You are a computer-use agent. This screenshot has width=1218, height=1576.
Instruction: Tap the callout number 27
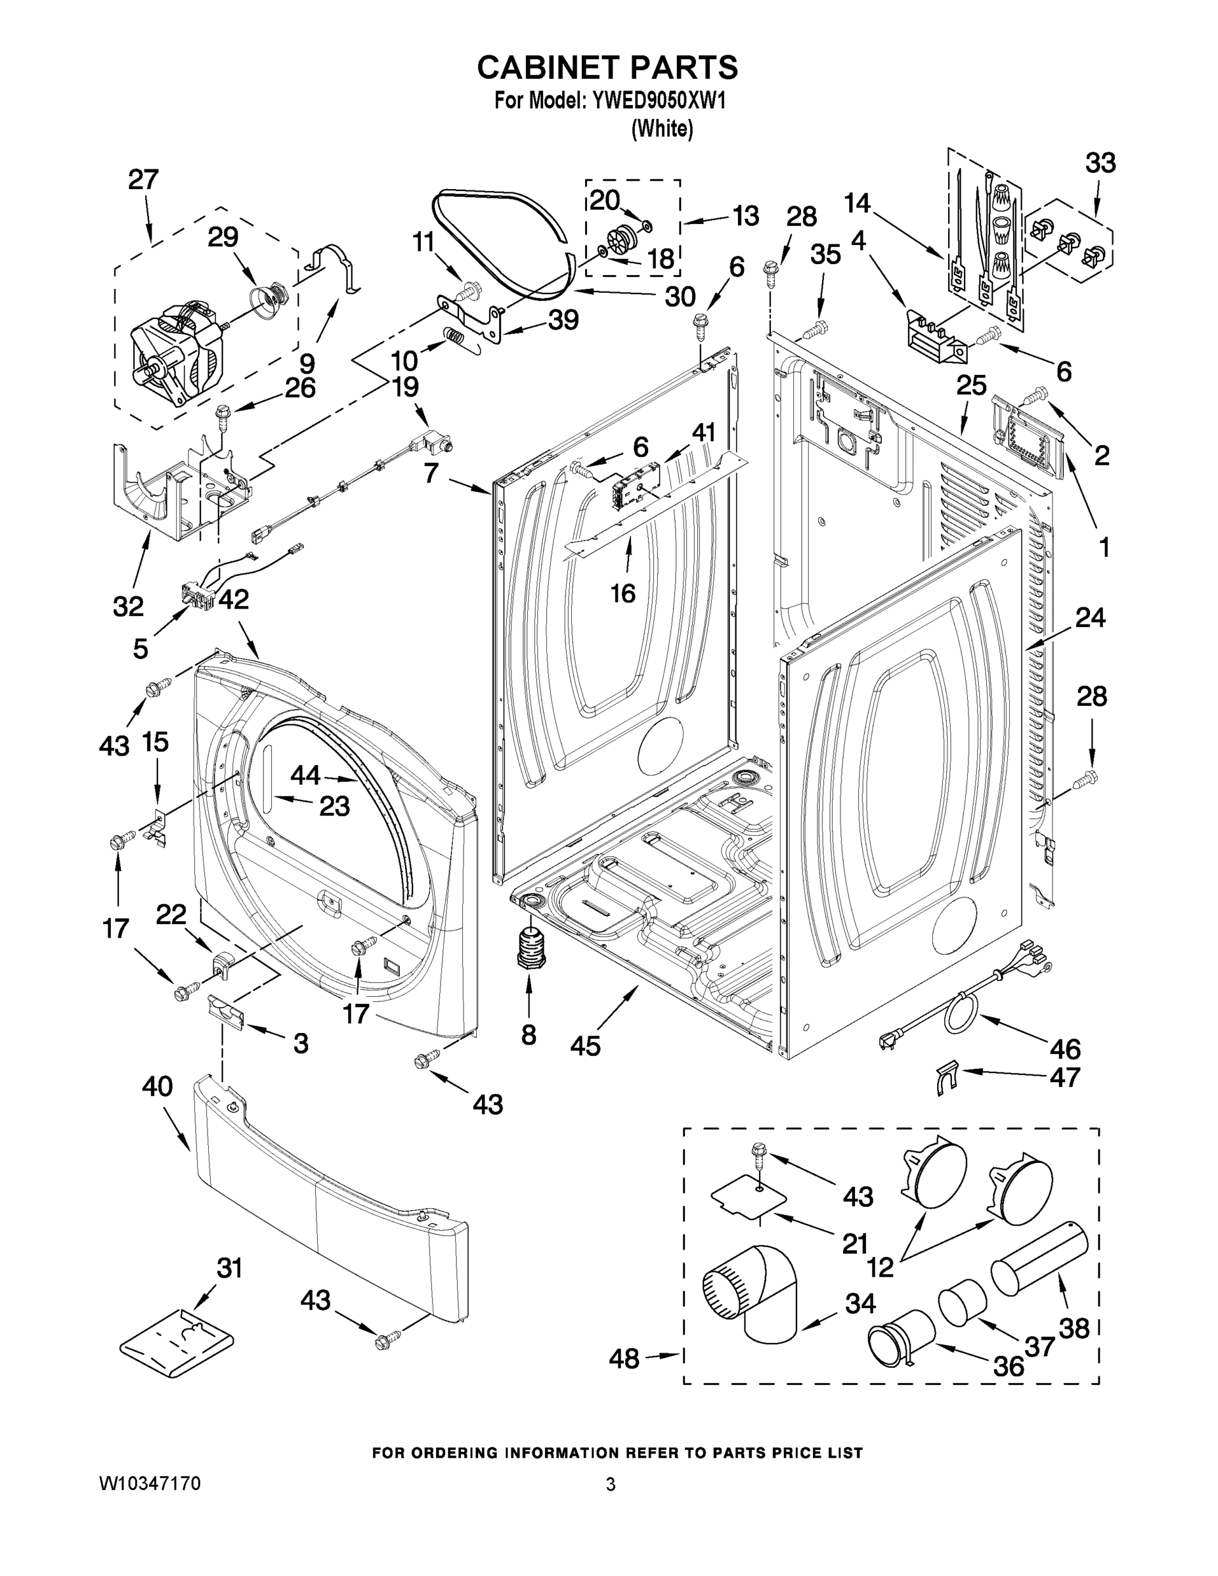click(143, 179)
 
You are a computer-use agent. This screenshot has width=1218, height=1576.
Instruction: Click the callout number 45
click(584, 1045)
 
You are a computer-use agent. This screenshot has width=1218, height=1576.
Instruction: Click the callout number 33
click(1100, 163)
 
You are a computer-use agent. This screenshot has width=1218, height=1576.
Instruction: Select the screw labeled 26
click(221, 416)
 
